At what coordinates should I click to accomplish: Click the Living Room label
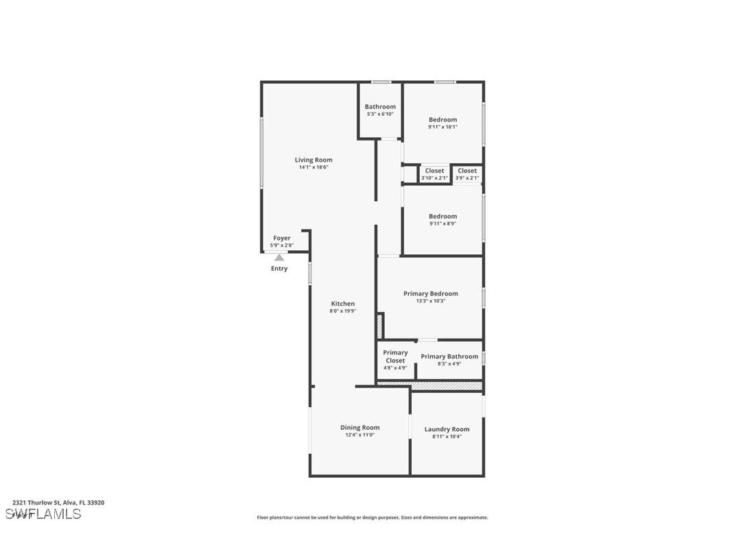coord(314,160)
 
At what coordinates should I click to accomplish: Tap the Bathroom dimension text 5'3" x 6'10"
coord(380,114)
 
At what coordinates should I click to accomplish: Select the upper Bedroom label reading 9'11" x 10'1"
coord(442,127)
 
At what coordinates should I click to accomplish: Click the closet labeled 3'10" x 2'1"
coord(434,174)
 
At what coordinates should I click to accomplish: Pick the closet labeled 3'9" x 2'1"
coord(467,174)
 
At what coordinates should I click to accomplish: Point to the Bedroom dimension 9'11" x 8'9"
coord(442,223)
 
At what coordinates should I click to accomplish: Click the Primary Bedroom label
coord(430,293)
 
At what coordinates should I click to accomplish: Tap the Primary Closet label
coord(395,356)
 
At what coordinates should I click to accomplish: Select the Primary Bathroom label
coord(449,356)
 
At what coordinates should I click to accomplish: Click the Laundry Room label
coord(447,429)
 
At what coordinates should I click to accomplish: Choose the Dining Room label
coord(359,427)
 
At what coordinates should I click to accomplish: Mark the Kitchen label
coord(343,304)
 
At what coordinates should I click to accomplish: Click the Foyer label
coord(282,238)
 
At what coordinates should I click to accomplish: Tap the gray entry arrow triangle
coord(279,258)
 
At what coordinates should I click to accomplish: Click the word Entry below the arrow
coord(279,269)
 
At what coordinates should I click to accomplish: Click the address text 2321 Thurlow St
coord(58,502)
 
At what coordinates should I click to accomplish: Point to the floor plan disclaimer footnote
coord(372,518)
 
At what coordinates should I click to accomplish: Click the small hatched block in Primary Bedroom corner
coord(379,325)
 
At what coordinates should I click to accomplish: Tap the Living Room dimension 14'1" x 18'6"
coord(314,167)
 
